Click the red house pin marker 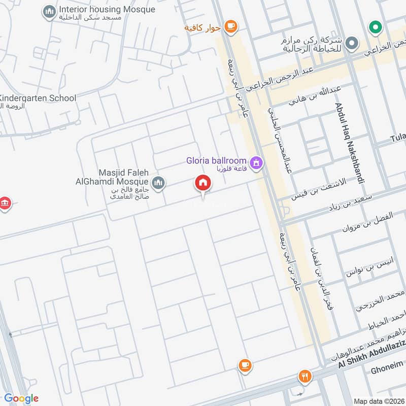coord(204,184)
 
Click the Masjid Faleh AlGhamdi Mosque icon coord(158,182)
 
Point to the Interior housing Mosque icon coord(49,11)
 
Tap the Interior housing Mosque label coord(107,10)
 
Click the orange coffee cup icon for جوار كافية coord(230,26)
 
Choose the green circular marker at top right coord(375,27)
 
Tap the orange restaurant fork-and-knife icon coord(304,376)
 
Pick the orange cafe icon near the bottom coord(245,365)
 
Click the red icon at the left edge coord(5,204)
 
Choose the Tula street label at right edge coord(398,138)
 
